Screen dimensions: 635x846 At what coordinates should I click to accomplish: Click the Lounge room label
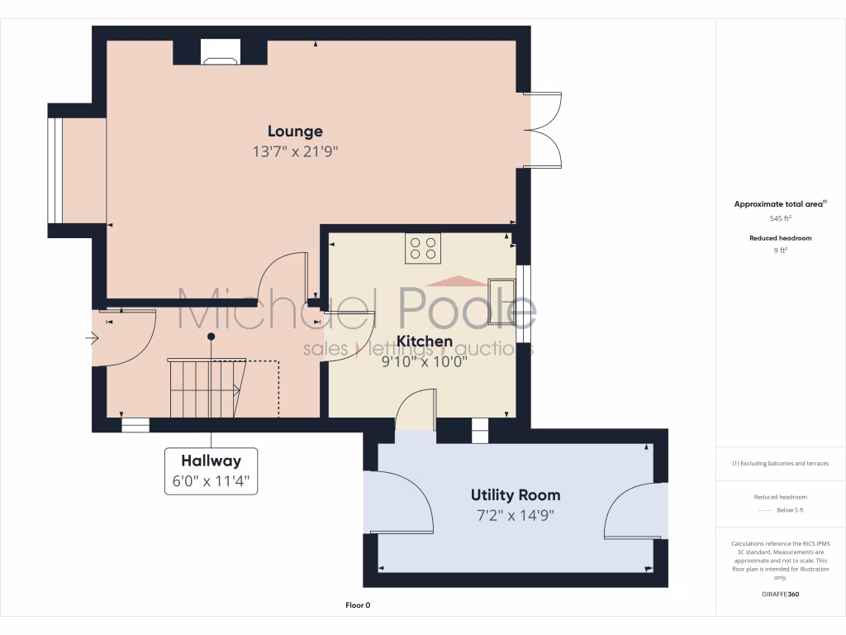click(295, 131)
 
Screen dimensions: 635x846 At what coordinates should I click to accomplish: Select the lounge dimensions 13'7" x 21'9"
click(295, 152)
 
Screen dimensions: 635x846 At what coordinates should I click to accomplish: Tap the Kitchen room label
click(425, 341)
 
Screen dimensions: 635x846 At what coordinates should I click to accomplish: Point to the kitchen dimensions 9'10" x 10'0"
click(425, 361)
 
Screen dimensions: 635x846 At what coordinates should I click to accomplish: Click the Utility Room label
click(516, 495)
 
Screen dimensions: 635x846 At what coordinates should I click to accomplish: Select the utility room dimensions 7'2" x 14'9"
click(516, 516)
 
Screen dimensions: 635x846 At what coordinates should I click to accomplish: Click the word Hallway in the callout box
click(211, 461)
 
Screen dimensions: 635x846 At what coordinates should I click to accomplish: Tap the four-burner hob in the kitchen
click(423, 248)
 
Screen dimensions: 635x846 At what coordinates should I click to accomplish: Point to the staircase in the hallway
click(204, 389)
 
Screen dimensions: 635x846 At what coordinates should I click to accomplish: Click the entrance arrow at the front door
click(92, 337)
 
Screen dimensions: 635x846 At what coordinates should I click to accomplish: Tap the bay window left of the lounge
click(55, 171)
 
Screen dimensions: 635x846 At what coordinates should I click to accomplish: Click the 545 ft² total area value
click(780, 219)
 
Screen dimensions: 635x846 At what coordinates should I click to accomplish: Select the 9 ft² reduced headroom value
click(780, 251)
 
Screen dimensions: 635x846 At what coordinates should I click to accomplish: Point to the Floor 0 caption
click(358, 605)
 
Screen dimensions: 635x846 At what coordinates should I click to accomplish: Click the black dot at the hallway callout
click(211, 337)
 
